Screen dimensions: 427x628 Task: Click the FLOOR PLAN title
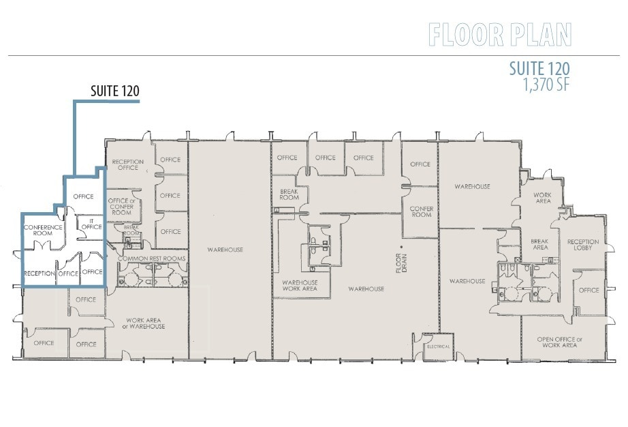click(x=499, y=34)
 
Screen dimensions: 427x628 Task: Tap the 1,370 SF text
click(x=546, y=85)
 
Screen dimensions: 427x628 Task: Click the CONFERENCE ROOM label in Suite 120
click(x=43, y=230)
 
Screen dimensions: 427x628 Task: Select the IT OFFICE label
click(x=91, y=224)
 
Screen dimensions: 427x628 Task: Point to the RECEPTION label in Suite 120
click(x=39, y=273)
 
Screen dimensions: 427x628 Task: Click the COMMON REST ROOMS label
click(x=151, y=259)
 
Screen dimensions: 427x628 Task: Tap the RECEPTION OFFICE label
click(x=128, y=164)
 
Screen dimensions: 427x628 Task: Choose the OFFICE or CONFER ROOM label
click(x=121, y=207)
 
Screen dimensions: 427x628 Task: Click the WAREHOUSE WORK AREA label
click(x=299, y=284)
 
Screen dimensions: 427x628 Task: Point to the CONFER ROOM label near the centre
click(x=421, y=211)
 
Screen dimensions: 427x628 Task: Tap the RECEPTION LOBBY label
click(x=583, y=245)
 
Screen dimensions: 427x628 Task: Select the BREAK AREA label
click(x=539, y=244)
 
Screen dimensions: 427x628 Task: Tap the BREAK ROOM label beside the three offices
click(x=289, y=194)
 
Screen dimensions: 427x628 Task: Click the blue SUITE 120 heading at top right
click(x=539, y=70)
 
